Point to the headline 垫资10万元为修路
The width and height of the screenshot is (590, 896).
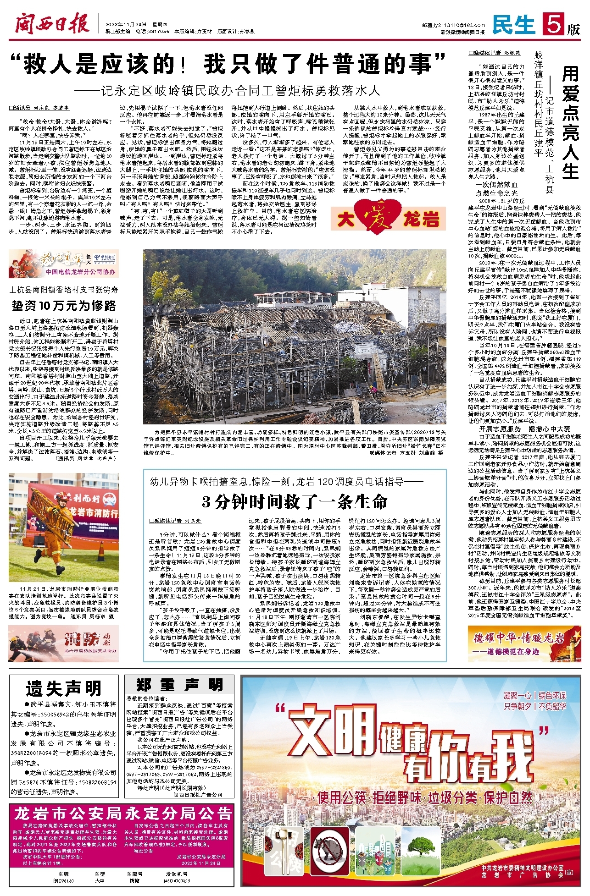64,306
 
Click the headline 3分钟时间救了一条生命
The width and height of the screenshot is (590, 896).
295,501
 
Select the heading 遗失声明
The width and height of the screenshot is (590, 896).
64,688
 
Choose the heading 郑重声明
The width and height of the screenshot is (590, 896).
179,686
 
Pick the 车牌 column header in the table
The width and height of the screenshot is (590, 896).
63,874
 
